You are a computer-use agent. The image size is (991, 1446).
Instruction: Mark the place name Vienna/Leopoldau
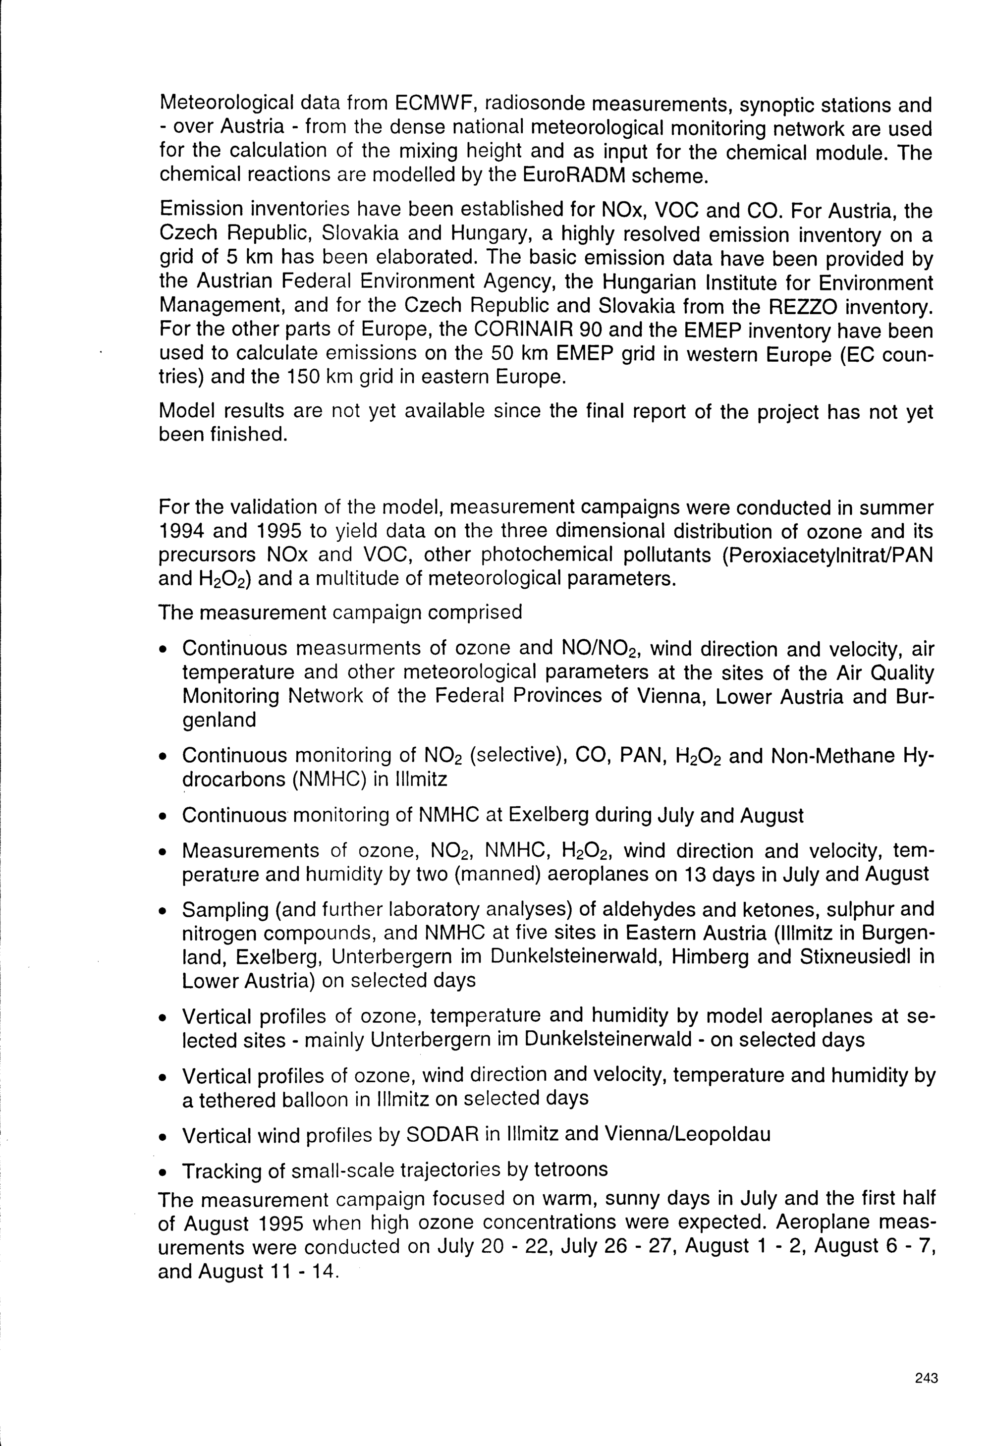(687, 1134)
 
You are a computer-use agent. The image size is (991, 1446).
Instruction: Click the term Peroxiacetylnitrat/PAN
(828, 555)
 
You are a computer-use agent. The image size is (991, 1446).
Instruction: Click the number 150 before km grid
(303, 377)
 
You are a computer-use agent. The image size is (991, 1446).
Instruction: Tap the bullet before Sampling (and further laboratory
(163, 911)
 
